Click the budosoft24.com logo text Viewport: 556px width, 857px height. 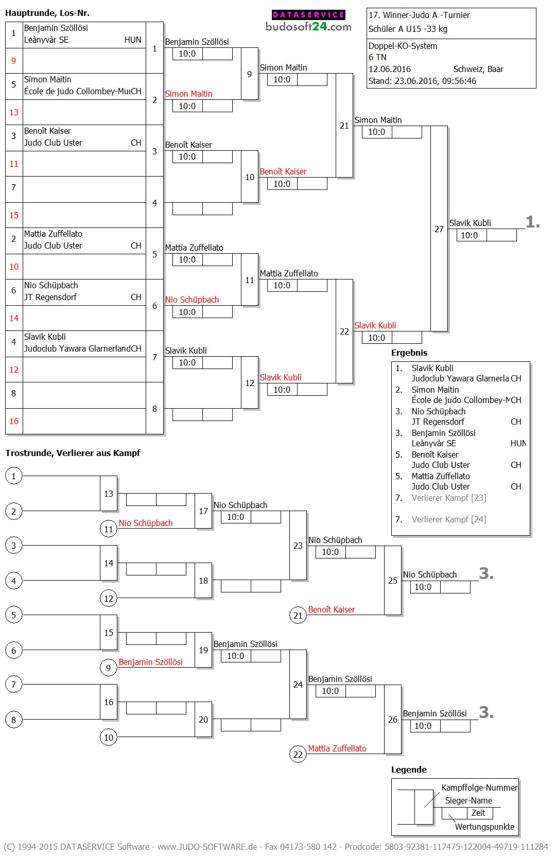308,27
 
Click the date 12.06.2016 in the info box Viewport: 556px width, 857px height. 390,69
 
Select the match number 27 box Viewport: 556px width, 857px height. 439,229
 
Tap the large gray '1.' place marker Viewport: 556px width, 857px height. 533,222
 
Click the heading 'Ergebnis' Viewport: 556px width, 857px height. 409,353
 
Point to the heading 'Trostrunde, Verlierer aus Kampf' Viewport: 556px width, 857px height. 73,453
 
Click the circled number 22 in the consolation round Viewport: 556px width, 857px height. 298,755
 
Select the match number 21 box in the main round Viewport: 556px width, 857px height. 344,126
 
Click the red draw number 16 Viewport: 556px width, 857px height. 14,421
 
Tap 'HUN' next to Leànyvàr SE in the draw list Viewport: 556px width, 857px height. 133,40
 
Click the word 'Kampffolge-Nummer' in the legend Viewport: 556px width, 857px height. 479,788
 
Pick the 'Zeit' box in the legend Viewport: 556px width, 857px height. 478,813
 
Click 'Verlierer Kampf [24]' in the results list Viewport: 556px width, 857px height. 449,519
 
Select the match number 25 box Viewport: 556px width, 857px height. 393,581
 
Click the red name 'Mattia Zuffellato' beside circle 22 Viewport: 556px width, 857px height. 337,748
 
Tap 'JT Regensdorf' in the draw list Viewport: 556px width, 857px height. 50,297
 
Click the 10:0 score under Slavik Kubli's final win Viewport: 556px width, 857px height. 469,235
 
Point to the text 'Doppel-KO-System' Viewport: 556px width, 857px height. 403,46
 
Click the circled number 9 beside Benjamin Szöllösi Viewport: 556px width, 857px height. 108,668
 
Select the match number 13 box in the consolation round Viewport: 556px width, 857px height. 109,494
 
